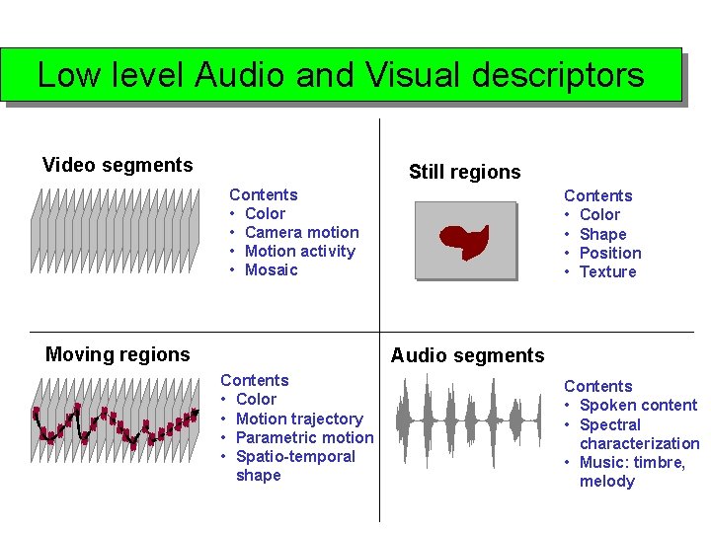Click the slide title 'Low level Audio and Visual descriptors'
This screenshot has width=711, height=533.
(x=341, y=75)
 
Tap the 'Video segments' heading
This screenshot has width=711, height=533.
(x=118, y=165)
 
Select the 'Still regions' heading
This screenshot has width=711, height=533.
(x=464, y=172)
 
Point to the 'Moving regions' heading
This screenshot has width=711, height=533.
(x=118, y=354)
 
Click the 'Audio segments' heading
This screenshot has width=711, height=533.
(x=467, y=355)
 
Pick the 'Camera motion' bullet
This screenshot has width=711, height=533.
(x=301, y=232)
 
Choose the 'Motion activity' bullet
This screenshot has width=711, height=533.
(x=299, y=251)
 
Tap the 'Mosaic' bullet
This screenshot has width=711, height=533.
(x=271, y=269)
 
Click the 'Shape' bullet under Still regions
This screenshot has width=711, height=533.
(x=602, y=234)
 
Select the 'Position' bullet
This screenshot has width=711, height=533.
(x=610, y=253)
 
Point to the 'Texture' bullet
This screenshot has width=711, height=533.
(x=607, y=271)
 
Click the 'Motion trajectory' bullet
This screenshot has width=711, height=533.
(x=299, y=419)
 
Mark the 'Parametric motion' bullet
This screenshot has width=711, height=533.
(x=304, y=437)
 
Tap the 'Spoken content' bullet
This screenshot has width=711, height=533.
(x=638, y=405)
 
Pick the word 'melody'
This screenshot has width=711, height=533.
(x=607, y=481)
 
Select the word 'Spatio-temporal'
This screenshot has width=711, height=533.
(x=295, y=456)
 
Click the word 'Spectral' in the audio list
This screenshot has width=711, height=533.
(x=609, y=424)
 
